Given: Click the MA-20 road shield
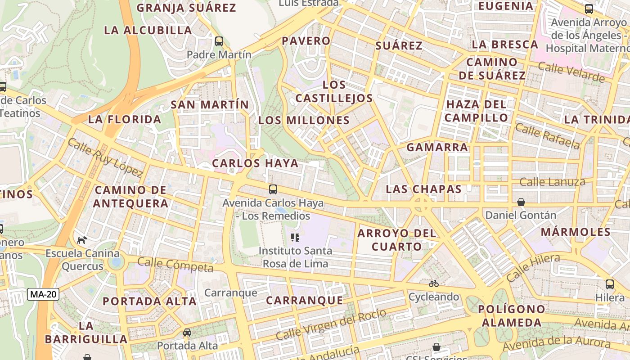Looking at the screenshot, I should pyautogui.click(x=43, y=295).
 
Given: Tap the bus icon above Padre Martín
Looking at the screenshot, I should pyautogui.click(x=219, y=41).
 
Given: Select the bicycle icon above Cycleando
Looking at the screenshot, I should pyautogui.click(x=434, y=283).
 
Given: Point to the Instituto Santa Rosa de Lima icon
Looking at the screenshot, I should pyautogui.click(x=295, y=237).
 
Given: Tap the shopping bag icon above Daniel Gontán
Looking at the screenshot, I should pyautogui.click(x=521, y=202).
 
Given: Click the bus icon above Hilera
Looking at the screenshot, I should pyautogui.click(x=610, y=284).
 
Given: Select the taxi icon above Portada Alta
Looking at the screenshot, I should pyautogui.click(x=187, y=333).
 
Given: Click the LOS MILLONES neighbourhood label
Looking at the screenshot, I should pyautogui.click(x=304, y=121).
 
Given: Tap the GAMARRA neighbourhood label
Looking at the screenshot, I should pyautogui.click(x=437, y=148).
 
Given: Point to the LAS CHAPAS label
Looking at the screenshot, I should pyautogui.click(x=424, y=189).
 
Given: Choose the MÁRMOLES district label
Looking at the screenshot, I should pyautogui.click(x=576, y=232).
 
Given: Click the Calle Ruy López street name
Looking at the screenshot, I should pyautogui.click(x=105, y=157).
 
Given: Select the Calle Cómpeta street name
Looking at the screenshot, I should pyautogui.click(x=175, y=265).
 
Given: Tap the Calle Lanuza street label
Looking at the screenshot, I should pyautogui.click(x=552, y=182).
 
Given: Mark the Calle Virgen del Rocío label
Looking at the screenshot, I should pyautogui.click(x=331, y=324).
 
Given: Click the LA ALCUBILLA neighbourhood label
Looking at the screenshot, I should pyautogui.click(x=148, y=31).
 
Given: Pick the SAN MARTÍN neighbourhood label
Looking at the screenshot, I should pyautogui.click(x=210, y=105).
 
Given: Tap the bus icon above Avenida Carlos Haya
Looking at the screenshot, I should pyautogui.click(x=273, y=189).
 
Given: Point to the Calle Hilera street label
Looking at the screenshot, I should pyautogui.click(x=533, y=268).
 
